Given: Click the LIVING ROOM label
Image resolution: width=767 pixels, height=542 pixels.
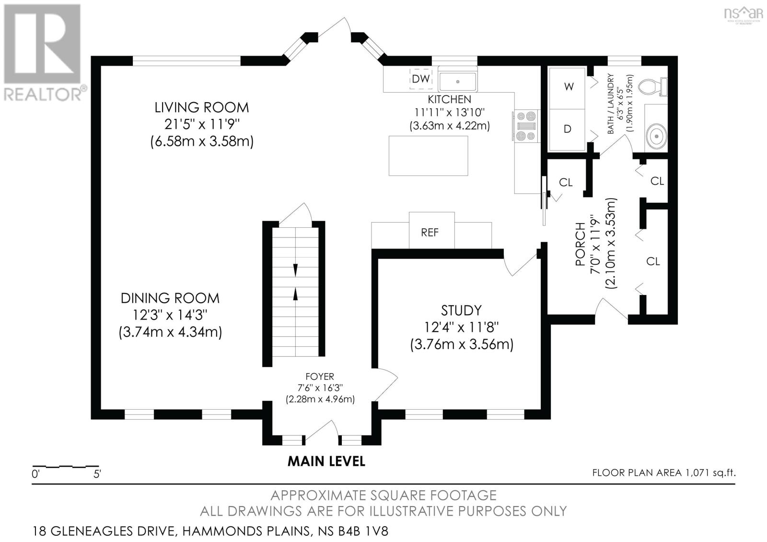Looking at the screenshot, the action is click(x=202, y=107).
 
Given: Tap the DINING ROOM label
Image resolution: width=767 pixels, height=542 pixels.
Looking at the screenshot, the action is click(x=170, y=298).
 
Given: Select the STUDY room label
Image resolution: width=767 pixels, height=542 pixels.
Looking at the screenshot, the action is click(x=461, y=310).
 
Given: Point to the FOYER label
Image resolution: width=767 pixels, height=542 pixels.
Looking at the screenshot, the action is click(x=319, y=377).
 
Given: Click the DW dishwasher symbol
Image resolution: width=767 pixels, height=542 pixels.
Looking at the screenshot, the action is click(x=421, y=79).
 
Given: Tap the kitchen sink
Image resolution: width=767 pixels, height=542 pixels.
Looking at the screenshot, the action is click(x=457, y=81).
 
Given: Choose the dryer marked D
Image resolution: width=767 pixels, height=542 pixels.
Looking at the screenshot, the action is click(x=567, y=130).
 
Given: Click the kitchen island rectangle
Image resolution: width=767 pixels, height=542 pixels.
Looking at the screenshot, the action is click(x=429, y=155).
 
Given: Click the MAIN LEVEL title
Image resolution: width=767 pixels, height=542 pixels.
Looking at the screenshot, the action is click(x=326, y=461).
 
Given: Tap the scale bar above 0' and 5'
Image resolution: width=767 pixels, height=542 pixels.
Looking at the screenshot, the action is click(x=65, y=466).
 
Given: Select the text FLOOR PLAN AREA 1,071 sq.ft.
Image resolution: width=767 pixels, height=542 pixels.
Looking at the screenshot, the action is click(x=664, y=473).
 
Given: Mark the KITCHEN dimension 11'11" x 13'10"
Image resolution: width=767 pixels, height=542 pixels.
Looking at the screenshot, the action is click(x=450, y=112).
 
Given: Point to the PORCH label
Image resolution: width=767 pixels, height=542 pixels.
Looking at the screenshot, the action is click(x=580, y=244).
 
